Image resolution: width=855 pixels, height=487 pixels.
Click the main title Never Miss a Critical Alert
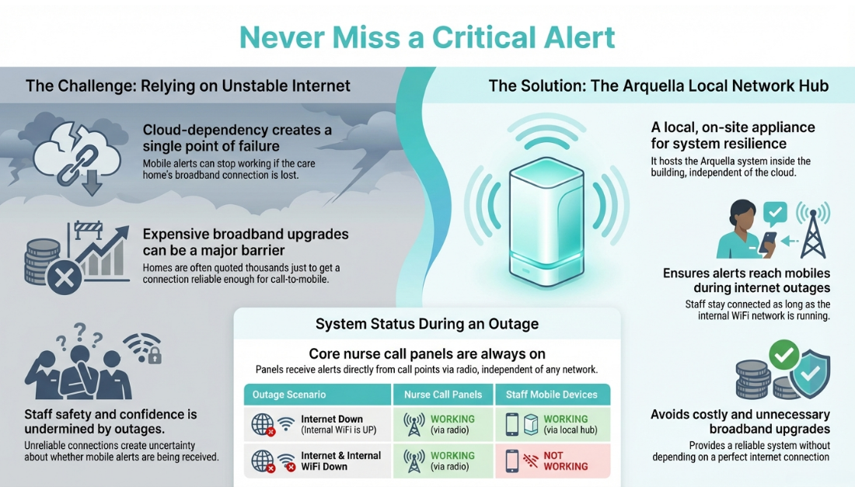point(427,37)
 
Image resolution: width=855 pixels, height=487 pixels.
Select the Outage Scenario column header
point(289,395)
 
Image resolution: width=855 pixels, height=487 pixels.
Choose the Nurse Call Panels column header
point(444,395)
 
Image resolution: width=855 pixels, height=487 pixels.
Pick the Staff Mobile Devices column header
point(552,395)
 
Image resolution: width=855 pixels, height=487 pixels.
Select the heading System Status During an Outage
point(427,324)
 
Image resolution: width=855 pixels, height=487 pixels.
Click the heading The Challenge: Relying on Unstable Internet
point(188,85)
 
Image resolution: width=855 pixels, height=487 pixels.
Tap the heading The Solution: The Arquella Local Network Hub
point(658,85)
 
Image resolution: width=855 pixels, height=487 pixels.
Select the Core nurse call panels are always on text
point(427,353)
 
